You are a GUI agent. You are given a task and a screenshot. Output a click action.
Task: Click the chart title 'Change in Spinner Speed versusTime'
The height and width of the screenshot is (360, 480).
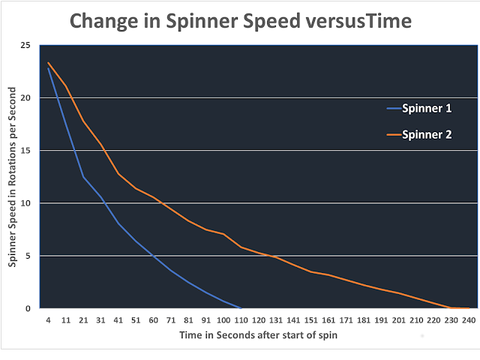pos(240,20)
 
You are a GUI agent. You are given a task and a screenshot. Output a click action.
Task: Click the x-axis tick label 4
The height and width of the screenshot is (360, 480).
pos(48,319)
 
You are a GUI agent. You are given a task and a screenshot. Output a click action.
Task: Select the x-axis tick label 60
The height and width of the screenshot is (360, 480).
pos(153,319)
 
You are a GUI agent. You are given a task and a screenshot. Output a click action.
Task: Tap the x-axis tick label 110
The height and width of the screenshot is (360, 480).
pos(240,319)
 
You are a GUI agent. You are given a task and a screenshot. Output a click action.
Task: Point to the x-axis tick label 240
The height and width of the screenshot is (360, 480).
pos(468,319)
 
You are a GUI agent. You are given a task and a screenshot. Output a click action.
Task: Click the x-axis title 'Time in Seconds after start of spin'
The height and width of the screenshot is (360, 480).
pos(257,335)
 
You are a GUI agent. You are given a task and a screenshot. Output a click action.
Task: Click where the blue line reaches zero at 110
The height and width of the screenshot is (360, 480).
pos(240,307)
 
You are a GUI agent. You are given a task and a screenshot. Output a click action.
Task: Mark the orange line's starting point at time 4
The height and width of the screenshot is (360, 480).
pos(48,63)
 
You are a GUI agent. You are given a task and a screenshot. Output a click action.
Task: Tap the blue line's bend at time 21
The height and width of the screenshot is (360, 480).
pos(83,177)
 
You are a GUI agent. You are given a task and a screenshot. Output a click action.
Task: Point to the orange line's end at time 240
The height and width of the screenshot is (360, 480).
pos(468,307)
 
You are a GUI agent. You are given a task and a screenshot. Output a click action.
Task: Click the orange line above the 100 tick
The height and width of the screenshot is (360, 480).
pos(223,234)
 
